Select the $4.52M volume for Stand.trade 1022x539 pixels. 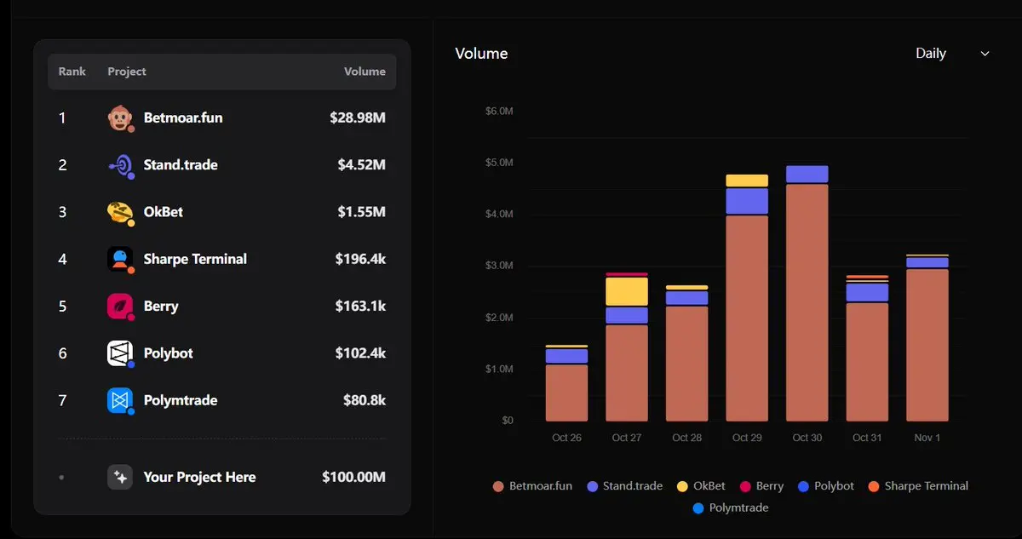[361, 165]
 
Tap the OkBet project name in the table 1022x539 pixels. [164, 212]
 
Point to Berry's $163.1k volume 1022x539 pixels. [362, 307]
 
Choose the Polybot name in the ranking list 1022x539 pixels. [168, 353]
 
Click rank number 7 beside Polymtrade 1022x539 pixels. [62, 400]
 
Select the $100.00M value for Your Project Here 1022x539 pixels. [353, 478]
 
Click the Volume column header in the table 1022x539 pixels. [365, 72]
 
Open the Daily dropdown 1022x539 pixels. [951, 54]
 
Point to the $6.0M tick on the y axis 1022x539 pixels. [499, 112]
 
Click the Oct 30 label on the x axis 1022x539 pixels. [807, 438]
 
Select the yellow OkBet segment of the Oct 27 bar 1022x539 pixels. [627, 292]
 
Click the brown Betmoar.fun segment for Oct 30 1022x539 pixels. [807, 302]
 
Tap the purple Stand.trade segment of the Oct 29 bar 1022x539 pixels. [747, 201]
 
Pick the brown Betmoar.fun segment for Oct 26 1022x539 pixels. [566, 393]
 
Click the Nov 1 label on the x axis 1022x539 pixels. [927, 438]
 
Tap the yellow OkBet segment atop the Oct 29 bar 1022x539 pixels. [747, 181]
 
